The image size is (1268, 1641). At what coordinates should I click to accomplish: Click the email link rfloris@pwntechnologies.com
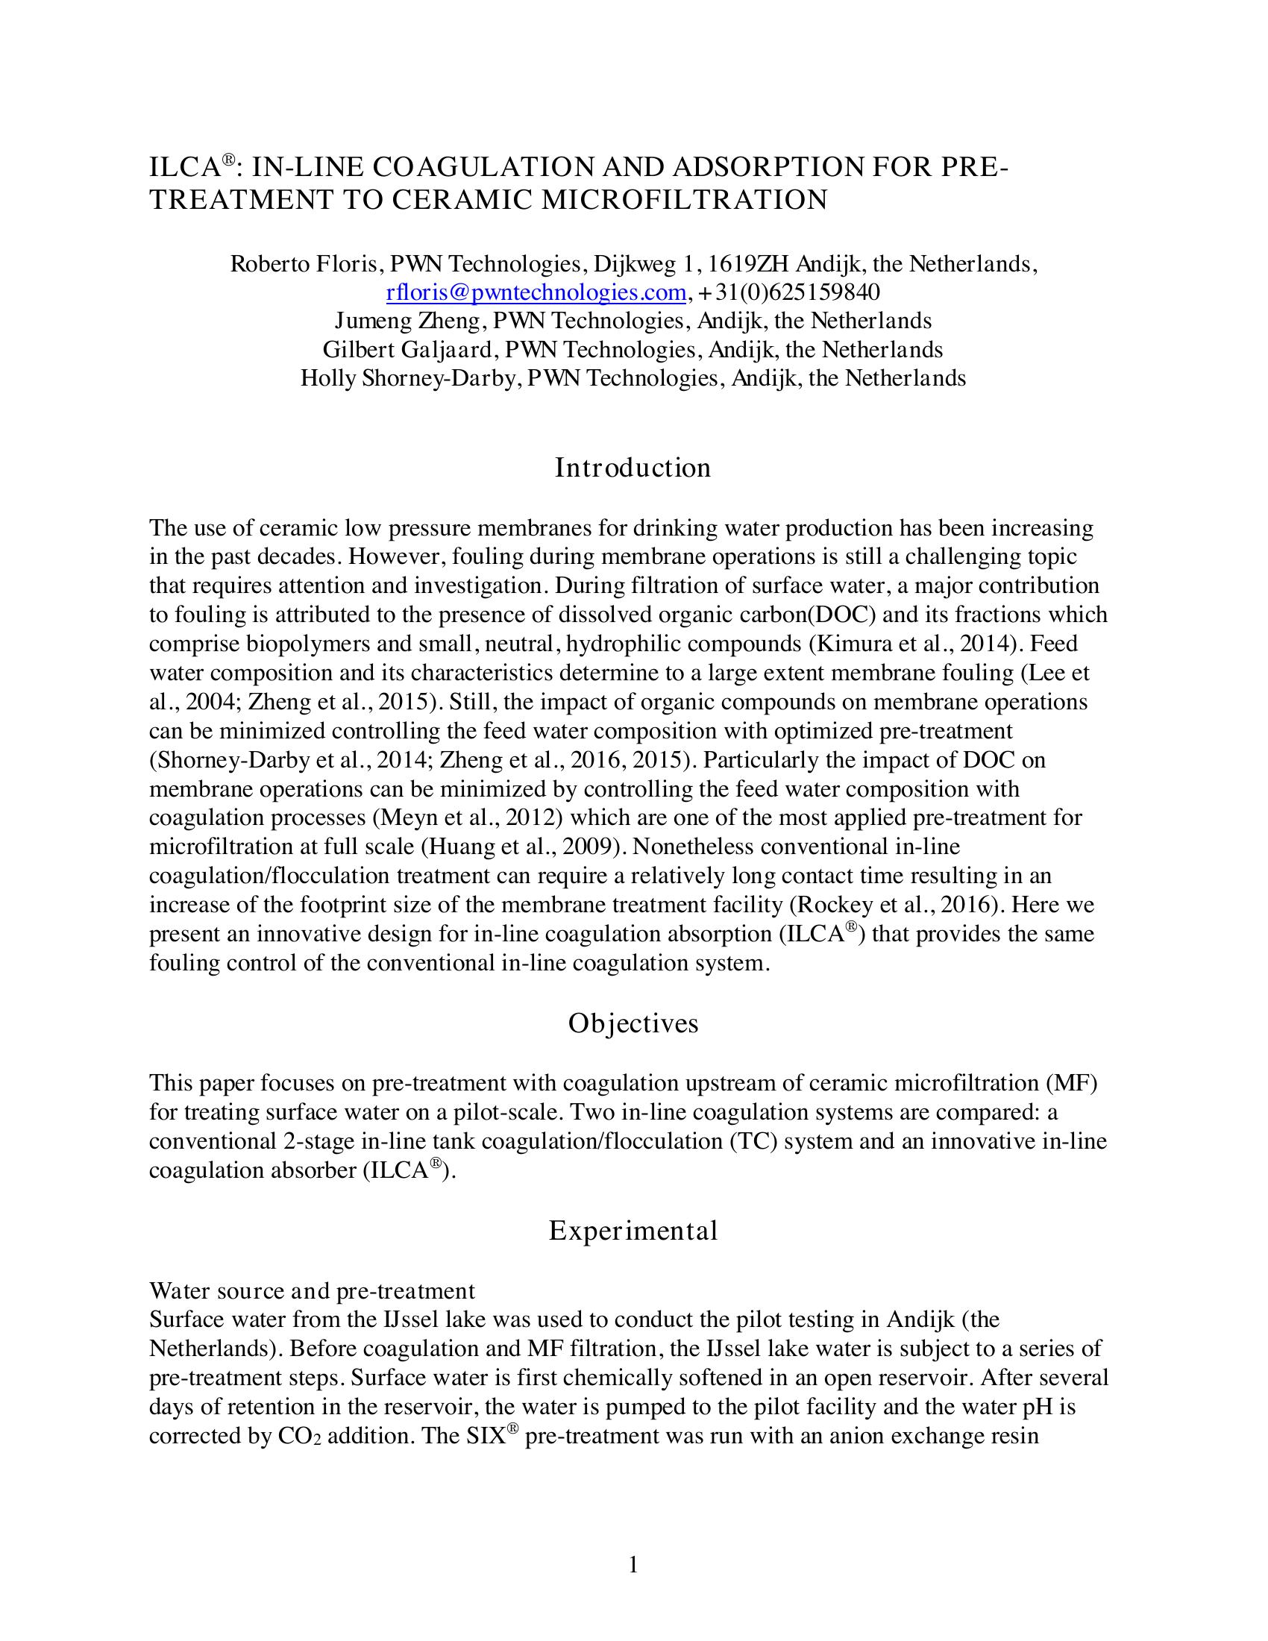536,292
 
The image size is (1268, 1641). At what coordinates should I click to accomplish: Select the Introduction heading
633,468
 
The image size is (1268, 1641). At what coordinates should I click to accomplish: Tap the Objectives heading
633,1023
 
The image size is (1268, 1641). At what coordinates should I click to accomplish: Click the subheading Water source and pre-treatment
312,1291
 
